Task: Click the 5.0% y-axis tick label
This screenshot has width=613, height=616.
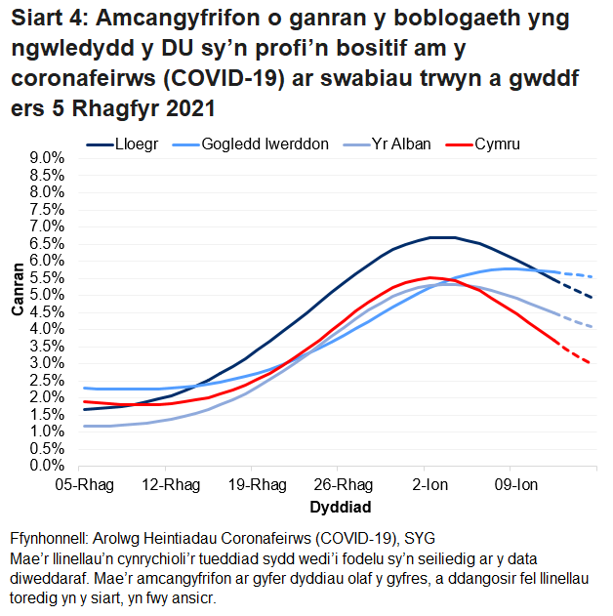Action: [x=46, y=295]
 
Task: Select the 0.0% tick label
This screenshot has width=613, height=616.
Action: [x=46, y=466]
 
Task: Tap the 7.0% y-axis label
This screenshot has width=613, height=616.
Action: [x=46, y=226]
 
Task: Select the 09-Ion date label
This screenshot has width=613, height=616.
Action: [x=511, y=485]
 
